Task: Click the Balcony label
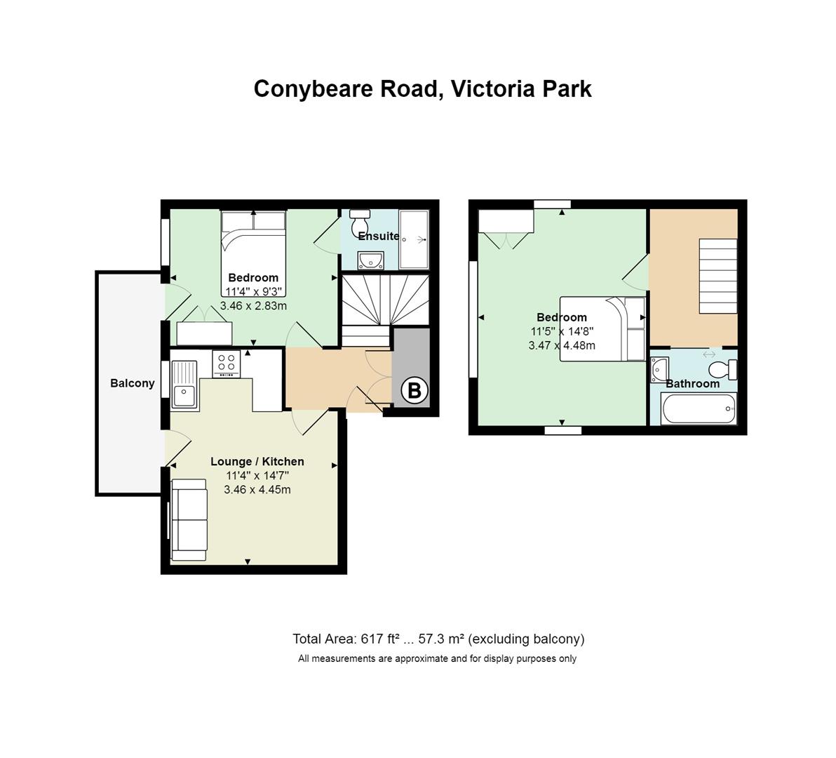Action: pos(133,383)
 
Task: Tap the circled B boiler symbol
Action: pos(414,390)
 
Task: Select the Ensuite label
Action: pos(379,236)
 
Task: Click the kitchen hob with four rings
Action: pos(227,364)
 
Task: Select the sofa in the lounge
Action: pos(189,519)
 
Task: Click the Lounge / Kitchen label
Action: pos(257,461)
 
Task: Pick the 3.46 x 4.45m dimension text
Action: pos(257,490)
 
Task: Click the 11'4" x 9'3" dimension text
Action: pos(253,292)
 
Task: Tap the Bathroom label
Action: pos(693,383)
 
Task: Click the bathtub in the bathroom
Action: pos(699,408)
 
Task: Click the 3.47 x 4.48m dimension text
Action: pos(562,345)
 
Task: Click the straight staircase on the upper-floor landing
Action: pos(717,276)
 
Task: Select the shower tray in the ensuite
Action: pos(414,239)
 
